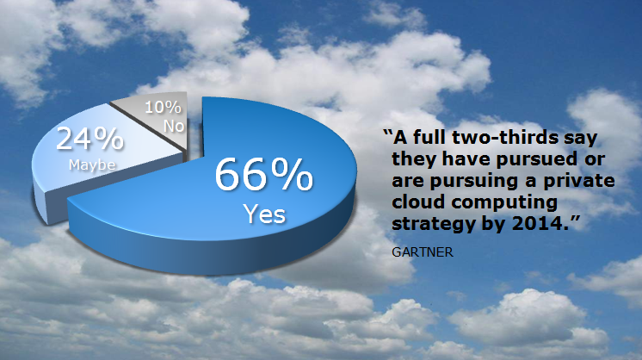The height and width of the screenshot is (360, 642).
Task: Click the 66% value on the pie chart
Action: tap(264, 175)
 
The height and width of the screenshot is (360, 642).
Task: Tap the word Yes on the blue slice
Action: tap(264, 214)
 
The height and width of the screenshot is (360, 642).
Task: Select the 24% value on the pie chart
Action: tap(90, 139)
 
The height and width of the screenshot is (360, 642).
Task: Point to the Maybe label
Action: tap(92, 164)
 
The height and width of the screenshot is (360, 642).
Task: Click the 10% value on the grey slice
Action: tap(163, 108)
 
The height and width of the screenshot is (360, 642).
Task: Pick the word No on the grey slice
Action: tap(174, 126)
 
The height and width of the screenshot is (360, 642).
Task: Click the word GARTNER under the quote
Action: tap(423, 251)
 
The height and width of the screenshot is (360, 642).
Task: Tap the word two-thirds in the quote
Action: tap(505, 137)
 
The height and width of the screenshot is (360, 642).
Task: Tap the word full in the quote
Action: tap(429, 137)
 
